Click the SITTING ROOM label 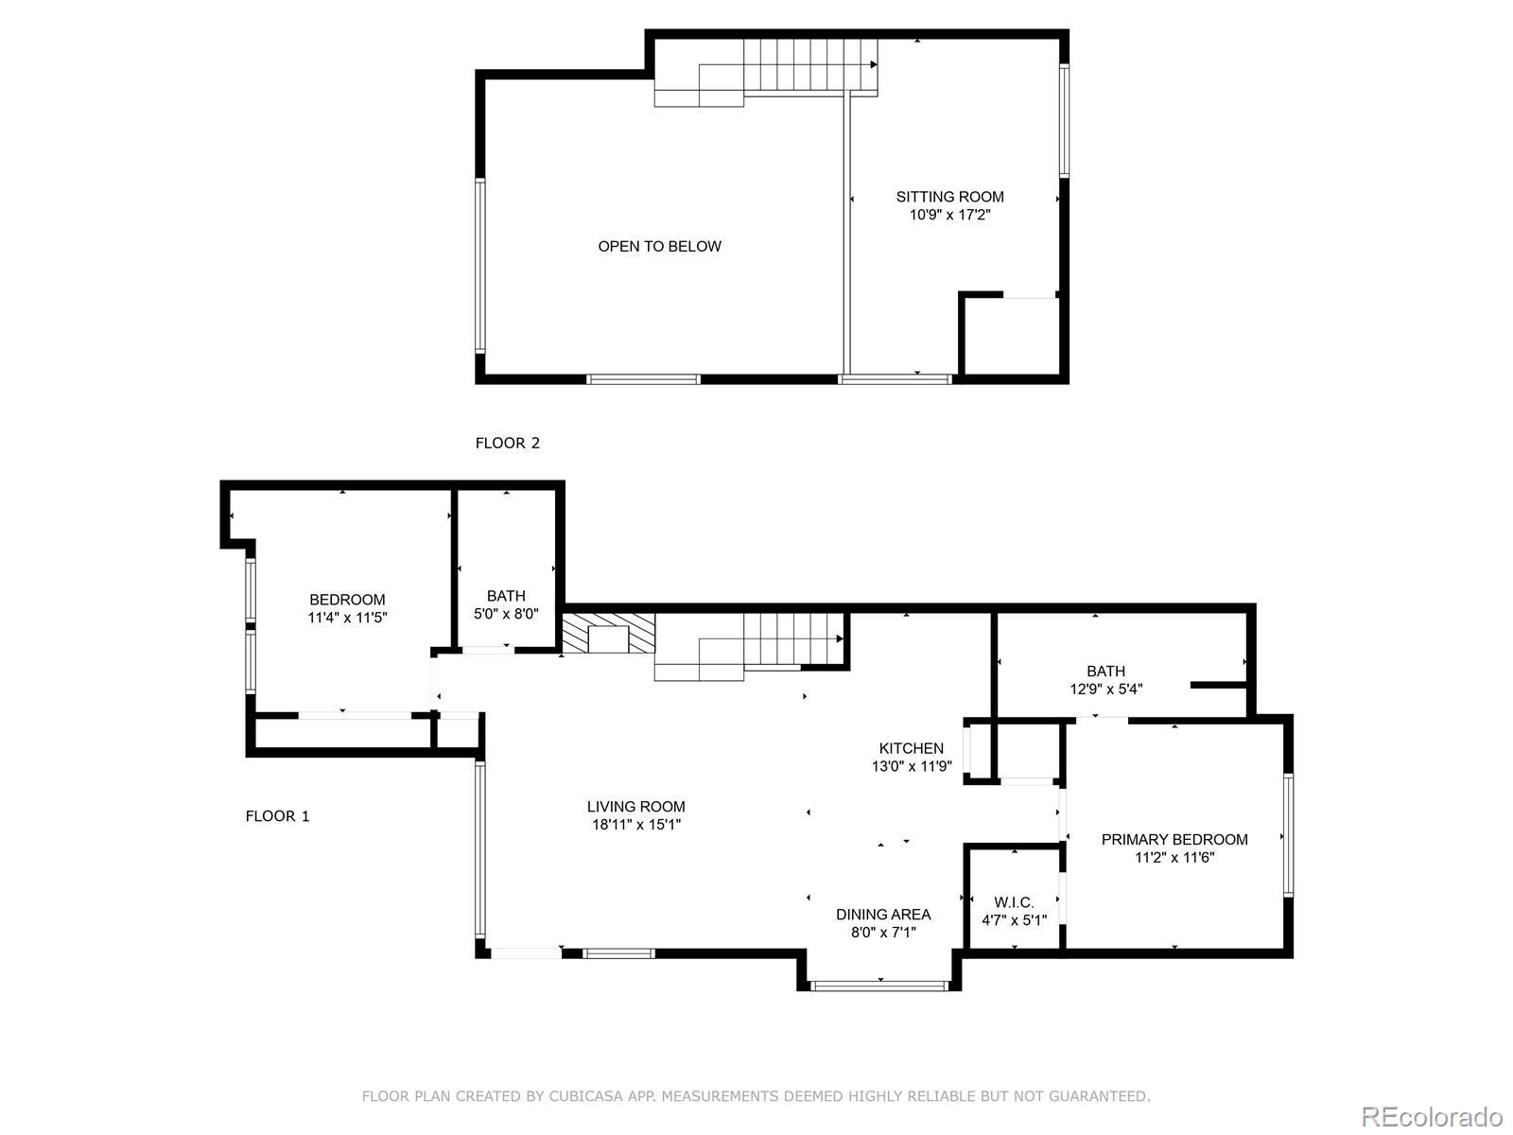[949, 197]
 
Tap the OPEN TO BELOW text [659, 247]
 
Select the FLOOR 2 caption [507, 443]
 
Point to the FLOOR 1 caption [277, 816]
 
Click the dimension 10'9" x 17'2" [949, 215]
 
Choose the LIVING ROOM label [635, 806]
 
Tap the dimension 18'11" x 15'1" [635, 824]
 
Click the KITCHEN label [911, 748]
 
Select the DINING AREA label [883, 915]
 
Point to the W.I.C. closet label [1014, 902]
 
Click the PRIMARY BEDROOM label [1174, 839]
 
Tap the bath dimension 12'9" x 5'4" [1105, 690]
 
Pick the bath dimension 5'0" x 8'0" [506, 613]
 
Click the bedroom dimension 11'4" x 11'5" [347, 618]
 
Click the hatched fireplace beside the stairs [608, 634]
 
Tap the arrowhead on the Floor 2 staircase [874, 64]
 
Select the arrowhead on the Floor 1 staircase [840, 638]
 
